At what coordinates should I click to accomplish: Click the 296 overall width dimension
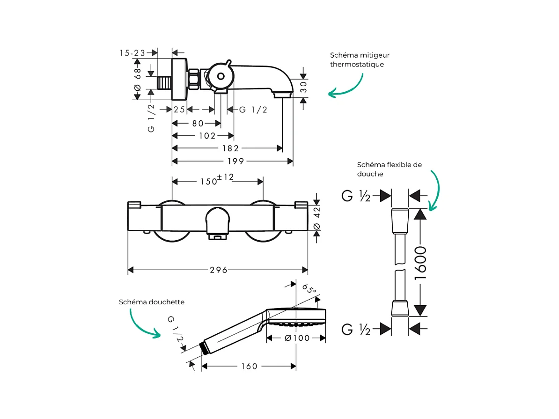click(x=218, y=270)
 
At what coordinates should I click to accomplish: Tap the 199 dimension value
click(x=236, y=161)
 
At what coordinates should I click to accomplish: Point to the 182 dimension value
click(x=230, y=148)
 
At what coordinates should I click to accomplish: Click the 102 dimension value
click(x=207, y=136)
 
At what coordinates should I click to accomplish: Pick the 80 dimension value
click(x=198, y=124)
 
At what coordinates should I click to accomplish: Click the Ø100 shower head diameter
click(x=297, y=338)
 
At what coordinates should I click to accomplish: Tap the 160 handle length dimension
click(x=249, y=366)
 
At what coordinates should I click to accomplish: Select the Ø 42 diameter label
click(x=316, y=219)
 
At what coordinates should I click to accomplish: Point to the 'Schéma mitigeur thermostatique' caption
click(x=360, y=60)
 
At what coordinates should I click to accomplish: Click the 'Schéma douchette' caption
click(x=152, y=302)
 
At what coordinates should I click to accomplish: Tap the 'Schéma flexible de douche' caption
click(x=389, y=169)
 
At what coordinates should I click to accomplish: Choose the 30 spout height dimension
click(x=303, y=87)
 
